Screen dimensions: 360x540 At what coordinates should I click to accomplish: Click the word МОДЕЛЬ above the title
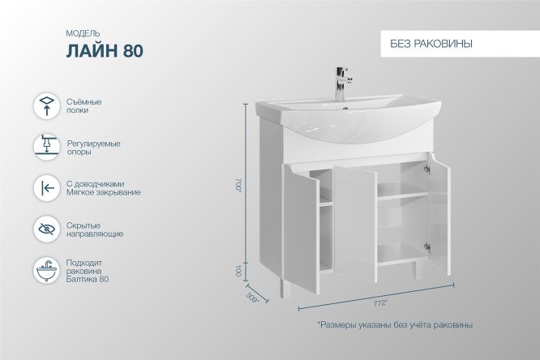tap(82, 33)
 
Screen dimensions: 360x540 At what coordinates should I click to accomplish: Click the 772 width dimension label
tap(378, 303)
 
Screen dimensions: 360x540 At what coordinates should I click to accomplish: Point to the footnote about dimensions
tap(394, 324)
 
